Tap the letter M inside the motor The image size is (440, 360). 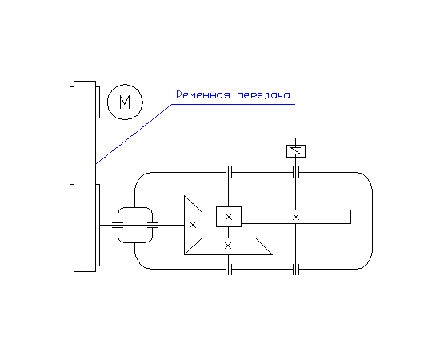coord(125,102)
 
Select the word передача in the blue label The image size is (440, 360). coord(263,95)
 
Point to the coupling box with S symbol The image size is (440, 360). coord(296,151)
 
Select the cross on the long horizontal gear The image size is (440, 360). coord(296,217)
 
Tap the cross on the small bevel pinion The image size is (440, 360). coord(193,225)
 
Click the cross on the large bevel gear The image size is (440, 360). coord(228,246)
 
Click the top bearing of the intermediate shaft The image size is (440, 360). coord(229,172)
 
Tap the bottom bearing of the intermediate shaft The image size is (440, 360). coord(229,270)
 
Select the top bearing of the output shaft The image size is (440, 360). coord(296,172)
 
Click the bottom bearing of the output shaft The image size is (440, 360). coord(296,270)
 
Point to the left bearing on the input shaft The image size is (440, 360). coord(118,225)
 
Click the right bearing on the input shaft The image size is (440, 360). coord(152,225)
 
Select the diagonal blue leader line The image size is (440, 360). coord(134,134)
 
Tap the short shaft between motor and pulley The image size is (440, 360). coord(103,102)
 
